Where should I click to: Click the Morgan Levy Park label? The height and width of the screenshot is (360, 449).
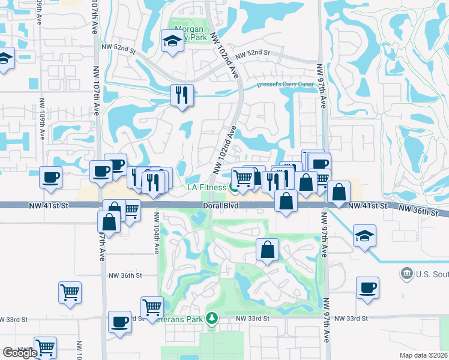(x=190, y=33)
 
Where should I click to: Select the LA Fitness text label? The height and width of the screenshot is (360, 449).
(x=206, y=188)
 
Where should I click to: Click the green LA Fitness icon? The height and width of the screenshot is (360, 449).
(x=233, y=188)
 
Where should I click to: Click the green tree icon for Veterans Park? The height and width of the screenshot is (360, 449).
(x=211, y=317)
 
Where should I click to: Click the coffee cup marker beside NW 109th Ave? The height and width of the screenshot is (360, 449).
(x=50, y=176)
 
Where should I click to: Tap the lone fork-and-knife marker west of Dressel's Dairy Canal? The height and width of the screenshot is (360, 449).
(x=181, y=94)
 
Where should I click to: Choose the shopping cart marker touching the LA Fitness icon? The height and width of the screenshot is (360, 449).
(x=243, y=178)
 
